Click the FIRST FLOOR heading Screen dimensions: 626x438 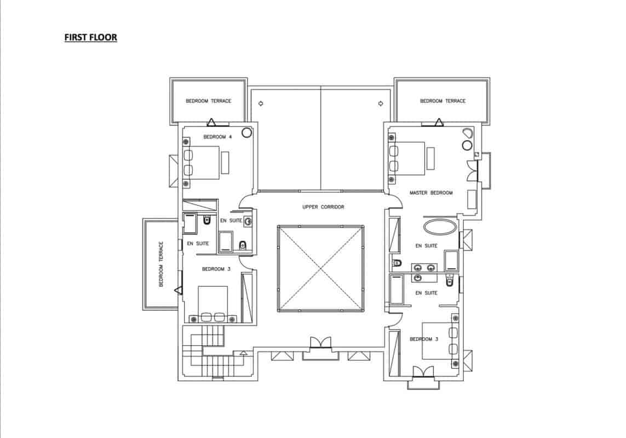tap(90, 38)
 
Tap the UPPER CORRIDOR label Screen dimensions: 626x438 tap(323, 207)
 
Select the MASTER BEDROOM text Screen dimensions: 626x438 tap(431, 193)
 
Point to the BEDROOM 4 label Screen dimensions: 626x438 tap(217, 137)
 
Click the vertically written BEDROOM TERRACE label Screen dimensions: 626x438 tap(161, 264)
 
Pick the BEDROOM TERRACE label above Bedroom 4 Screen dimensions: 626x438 tap(209, 101)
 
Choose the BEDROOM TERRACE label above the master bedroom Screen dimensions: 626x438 tap(443, 101)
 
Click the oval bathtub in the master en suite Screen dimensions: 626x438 tap(440, 227)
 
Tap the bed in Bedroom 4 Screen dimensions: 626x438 tap(201, 163)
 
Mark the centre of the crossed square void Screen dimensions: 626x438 tap(320, 268)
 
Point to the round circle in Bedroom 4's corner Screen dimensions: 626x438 tap(246, 132)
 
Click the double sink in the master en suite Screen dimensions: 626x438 tap(425, 268)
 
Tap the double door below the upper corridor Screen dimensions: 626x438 tap(320, 343)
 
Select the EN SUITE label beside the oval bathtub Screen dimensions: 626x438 tap(427, 246)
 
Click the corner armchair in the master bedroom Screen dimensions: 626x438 tap(467, 134)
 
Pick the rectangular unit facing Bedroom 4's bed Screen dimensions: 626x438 tap(225, 162)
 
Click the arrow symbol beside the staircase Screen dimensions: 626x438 tap(244, 353)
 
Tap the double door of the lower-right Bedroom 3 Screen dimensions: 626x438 tap(423, 371)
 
